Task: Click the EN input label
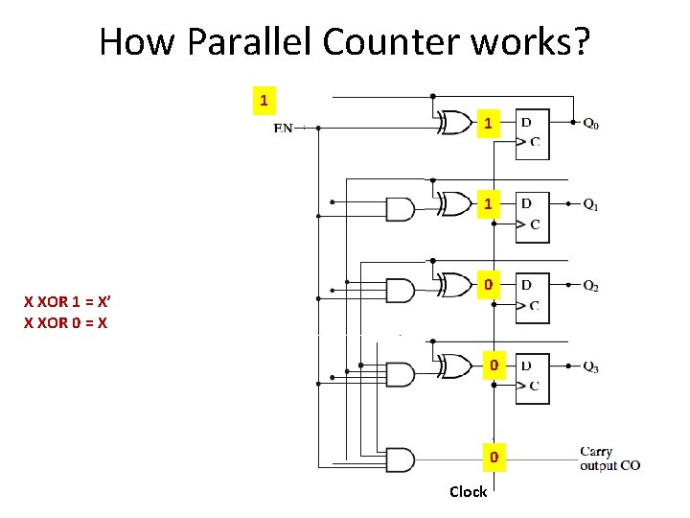(x=284, y=128)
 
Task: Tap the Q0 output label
(x=591, y=123)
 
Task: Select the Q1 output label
(x=591, y=204)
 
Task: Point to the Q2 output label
(x=591, y=286)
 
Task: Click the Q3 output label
(x=591, y=367)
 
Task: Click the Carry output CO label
(x=609, y=459)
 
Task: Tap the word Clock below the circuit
(x=468, y=492)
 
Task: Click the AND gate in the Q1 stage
(x=399, y=208)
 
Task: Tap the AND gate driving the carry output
(x=399, y=459)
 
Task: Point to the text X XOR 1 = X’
(x=66, y=303)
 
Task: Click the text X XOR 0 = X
(x=65, y=323)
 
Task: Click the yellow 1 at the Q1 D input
(x=489, y=204)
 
